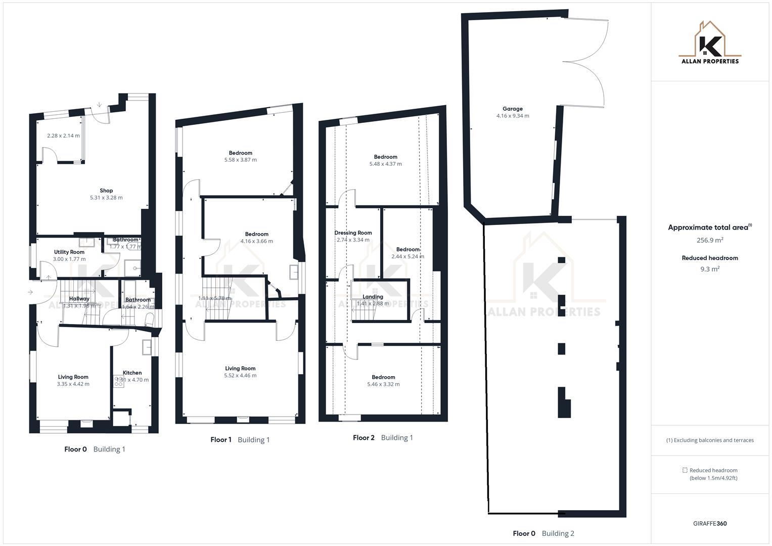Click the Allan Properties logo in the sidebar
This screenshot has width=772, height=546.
point(710,42)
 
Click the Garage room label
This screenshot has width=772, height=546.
point(512,109)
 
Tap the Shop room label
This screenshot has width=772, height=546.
point(106,191)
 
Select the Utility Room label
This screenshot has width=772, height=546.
point(69,252)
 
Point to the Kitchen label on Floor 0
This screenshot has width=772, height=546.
point(132,373)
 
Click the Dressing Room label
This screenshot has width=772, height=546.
point(353,233)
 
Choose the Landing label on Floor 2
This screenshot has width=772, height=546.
point(373,297)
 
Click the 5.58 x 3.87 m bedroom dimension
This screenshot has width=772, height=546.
point(240,160)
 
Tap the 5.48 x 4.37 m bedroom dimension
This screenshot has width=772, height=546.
point(385,164)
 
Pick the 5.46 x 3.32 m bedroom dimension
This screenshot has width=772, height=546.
point(383,384)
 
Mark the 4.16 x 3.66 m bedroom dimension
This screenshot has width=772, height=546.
point(256,241)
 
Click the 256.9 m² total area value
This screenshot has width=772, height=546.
point(710,240)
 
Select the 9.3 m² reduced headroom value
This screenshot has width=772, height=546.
point(710,269)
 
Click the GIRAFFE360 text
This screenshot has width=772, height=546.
point(710,523)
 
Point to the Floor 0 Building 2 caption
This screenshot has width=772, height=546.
point(543,533)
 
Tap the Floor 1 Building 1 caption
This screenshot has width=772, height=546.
point(240,440)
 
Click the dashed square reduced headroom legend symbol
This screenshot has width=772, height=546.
point(685,470)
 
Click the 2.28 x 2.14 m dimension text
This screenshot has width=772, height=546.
point(63,135)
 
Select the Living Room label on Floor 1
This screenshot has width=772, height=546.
point(240,369)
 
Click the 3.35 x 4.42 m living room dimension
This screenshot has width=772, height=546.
point(73,384)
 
